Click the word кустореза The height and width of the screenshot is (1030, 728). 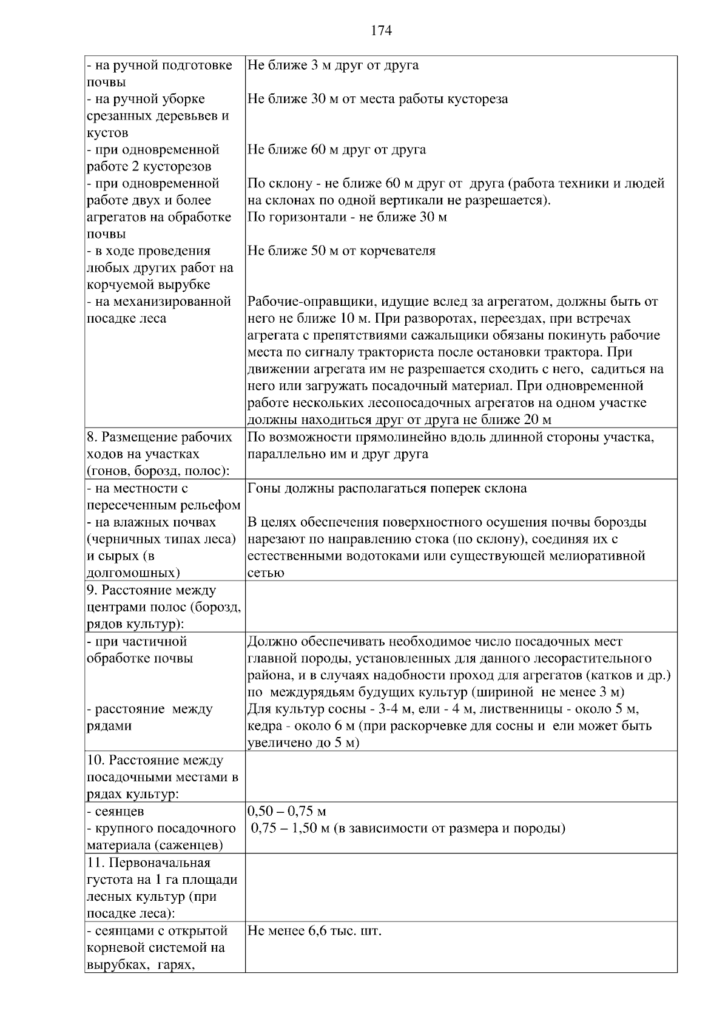point(477,99)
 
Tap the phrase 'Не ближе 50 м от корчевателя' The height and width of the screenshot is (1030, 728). point(342,251)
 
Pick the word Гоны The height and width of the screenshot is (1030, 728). point(262,488)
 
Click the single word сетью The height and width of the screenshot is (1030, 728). point(266,573)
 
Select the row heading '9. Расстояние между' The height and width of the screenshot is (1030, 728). point(152,590)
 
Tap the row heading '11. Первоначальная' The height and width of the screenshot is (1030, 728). point(149,863)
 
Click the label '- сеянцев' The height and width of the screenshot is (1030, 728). point(116,812)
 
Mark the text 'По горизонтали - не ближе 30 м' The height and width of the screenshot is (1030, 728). point(347,217)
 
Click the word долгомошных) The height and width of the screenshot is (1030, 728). point(133,573)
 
